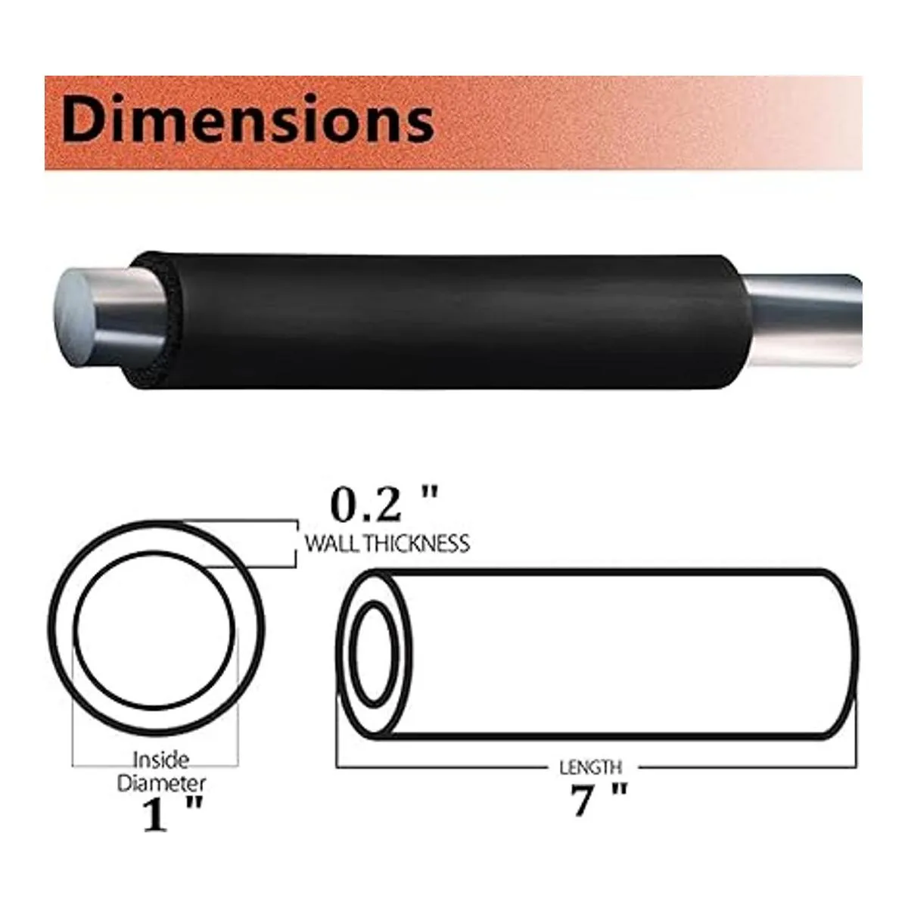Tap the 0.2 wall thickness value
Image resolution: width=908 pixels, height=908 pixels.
(366, 505)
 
